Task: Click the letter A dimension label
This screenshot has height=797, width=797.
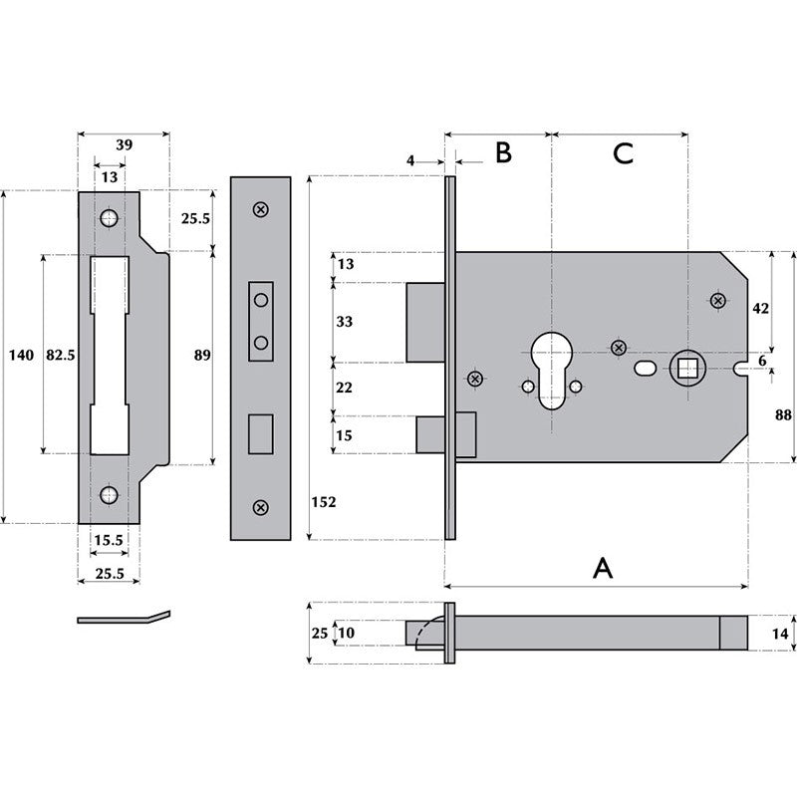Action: click(603, 568)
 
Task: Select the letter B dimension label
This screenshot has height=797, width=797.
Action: click(503, 152)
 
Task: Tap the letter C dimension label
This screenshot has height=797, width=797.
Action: click(623, 153)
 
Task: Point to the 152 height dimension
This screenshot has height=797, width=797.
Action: click(323, 502)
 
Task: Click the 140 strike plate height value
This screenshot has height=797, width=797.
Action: click(21, 355)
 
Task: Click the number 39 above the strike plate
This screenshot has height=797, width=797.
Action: click(125, 144)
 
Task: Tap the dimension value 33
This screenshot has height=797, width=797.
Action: click(346, 322)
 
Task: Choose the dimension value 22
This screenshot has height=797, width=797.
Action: click(346, 388)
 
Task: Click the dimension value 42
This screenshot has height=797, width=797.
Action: click(760, 309)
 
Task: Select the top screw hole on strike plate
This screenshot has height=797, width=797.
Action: click(109, 218)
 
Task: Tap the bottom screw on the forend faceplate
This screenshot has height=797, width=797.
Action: click(261, 508)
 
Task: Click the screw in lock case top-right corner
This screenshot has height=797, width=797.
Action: click(717, 301)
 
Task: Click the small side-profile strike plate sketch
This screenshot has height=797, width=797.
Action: click(124, 618)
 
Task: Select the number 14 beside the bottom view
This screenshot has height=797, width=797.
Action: click(779, 632)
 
